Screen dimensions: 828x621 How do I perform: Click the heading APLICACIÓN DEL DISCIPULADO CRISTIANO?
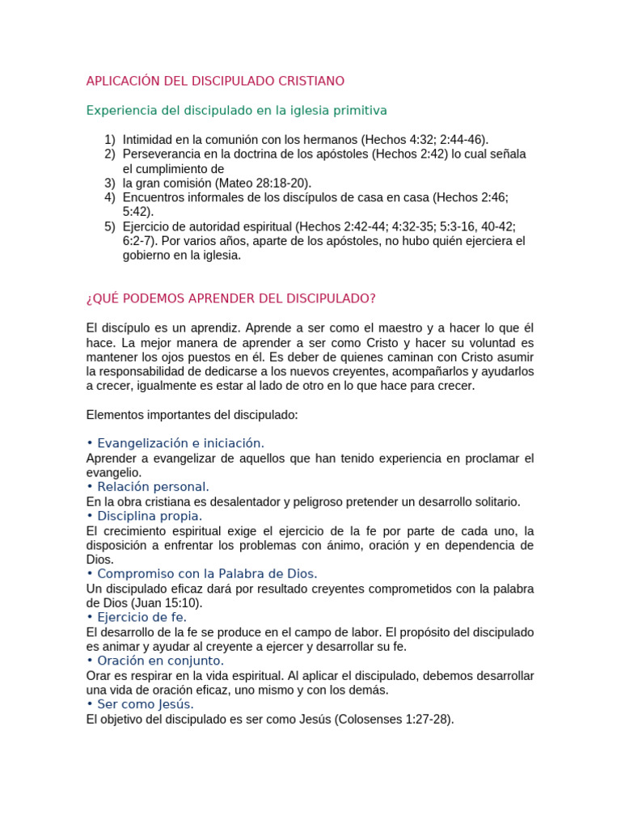coord(215,81)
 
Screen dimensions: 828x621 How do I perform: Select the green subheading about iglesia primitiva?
coord(236,110)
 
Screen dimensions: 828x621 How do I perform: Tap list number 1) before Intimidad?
coord(110,140)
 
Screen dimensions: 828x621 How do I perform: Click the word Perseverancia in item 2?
coord(160,154)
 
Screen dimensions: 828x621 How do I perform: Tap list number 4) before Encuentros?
coord(110,197)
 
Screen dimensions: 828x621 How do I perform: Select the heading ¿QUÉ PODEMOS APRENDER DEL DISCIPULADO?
coord(230,298)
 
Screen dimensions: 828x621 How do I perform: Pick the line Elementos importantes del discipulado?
coord(192,415)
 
